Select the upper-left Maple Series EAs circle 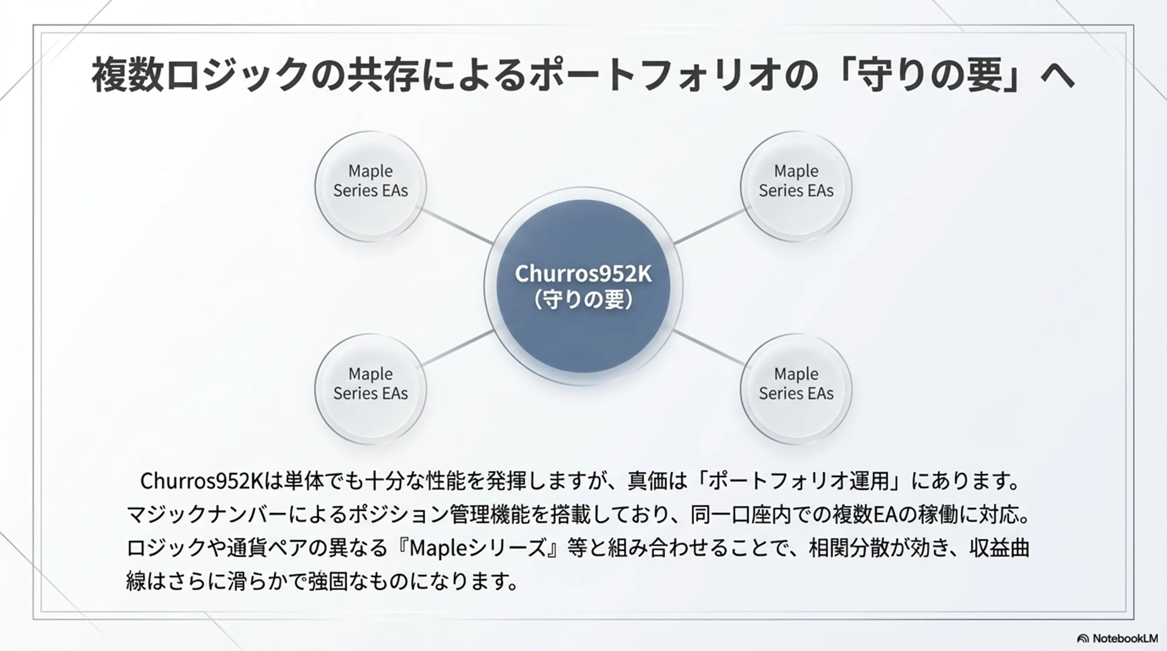(x=371, y=186)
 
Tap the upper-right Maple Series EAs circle (x=796, y=186)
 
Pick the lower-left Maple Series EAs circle (x=371, y=388)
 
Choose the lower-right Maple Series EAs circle (x=796, y=388)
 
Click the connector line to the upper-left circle (x=458, y=227)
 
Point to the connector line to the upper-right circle (x=709, y=227)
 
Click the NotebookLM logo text (x=1125, y=638)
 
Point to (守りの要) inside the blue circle (x=583, y=299)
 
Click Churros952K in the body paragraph (x=202, y=481)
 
